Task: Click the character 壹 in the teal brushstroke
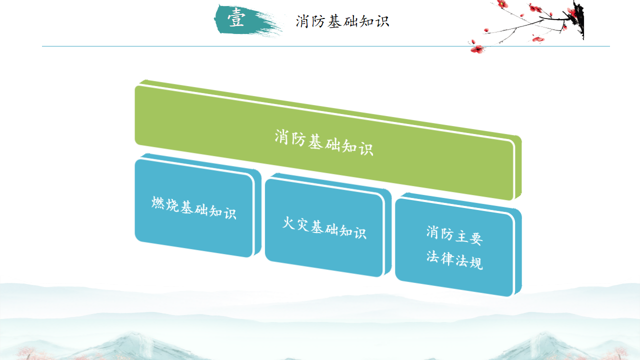pyautogui.click(x=236, y=17)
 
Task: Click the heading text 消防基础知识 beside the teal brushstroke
pyautogui.click(x=342, y=21)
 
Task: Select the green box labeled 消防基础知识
pyautogui.click(x=328, y=140)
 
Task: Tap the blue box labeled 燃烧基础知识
pyautogui.click(x=197, y=205)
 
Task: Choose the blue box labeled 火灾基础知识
pyautogui.click(x=328, y=225)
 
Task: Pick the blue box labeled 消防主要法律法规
pyautogui.click(x=458, y=244)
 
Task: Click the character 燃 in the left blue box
pyautogui.click(x=157, y=202)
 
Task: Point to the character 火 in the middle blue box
pyautogui.click(x=288, y=222)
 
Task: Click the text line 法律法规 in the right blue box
pyautogui.click(x=454, y=260)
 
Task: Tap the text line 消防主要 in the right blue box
pyautogui.click(x=454, y=235)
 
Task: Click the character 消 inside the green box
pyautogui.click(x=281, y=136)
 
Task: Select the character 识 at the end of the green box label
pyautogui.click(x=366, y=149)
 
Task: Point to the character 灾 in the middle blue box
pyautogui.click(x=303, y=224)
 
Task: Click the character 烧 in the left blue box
pyautogui.click(x=172, y=205)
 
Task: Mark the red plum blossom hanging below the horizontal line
pyautogui.click(x=477, y=49)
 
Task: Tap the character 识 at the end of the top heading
pyautogui.click(x=382, y=21)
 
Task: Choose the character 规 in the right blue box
pyautogui.click(x=476, y=263)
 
